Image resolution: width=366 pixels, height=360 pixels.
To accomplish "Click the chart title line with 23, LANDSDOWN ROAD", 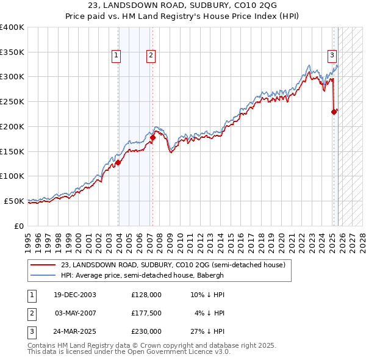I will pyautogui.click(x=183, y=5).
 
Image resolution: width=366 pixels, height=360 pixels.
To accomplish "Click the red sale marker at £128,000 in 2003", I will pyautogui.click(x=118, y=162).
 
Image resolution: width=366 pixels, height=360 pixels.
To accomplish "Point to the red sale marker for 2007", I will pyautogui.click(x=152, y=137).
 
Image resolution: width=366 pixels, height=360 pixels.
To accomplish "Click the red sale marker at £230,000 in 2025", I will pyautogui.click(x=334, y=112).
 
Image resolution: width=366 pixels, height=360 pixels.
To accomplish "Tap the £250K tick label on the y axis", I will pyautogui.click(x=13, y=101).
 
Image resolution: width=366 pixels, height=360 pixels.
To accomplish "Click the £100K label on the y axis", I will pyautogui.click(x=13, y=176).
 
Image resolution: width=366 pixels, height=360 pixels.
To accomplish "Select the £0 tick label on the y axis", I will pyautogui.click(x=18, y=226).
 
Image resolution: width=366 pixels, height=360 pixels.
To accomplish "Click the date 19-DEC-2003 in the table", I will pyautogui.click(x=75, y=295).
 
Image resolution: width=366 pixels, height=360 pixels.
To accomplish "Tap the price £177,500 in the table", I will pyautogui.click(x=146, y=313).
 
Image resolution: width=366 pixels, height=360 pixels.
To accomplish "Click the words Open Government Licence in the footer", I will pyautogui.click(x=182, y=352).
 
